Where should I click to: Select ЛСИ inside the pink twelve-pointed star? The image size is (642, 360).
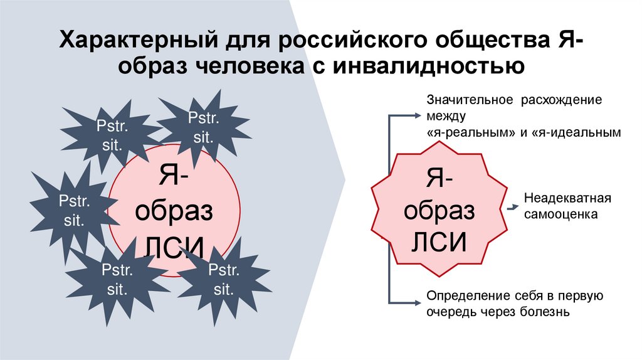tap(439, 241)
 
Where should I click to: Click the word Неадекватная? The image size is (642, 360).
tap(567, 199)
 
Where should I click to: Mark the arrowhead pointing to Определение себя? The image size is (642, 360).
tap(416, 302)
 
